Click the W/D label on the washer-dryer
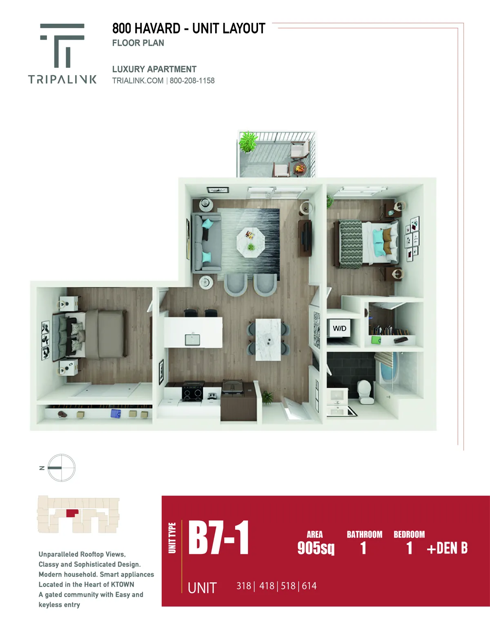tap(339, 328)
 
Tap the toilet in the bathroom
tap(365, 391)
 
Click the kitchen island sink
tap(192, 339)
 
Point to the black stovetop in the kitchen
tap(192, 391)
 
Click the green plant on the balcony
tap(248, 141)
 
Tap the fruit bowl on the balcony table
tap(300, 168)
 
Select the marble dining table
tap(268, 339)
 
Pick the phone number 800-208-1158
tap(192, 80)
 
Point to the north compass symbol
tap(61, 468)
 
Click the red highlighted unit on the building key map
tap(72, 513)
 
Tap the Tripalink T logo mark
tap(62, 45)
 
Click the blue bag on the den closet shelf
tap(116, 413)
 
